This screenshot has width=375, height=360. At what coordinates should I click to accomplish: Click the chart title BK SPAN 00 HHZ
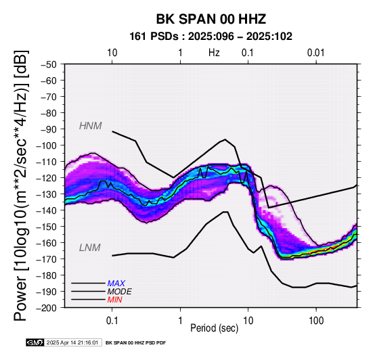click(x=211, y=19)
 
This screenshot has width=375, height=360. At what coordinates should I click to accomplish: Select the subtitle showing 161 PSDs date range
click(x=211, y=37)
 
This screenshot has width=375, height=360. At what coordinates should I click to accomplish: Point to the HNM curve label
click(x=91, y=126)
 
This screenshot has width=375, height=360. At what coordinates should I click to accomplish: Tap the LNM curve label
click(x=89, y=248)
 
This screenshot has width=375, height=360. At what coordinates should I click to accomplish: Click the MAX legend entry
click(x=116, y=284)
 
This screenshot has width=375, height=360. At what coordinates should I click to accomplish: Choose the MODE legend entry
click(x=120, y=292)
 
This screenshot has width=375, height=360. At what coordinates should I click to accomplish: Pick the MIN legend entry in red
click(x=115, y=300)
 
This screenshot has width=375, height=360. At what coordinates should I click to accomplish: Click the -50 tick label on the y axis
click(x=49, y=65)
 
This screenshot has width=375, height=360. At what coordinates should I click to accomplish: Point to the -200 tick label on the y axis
click(x=47, y=308)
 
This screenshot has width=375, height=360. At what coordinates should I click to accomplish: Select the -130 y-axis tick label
click(x=47, y=194)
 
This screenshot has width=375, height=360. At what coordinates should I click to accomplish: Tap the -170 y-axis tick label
click(x=47, y=259)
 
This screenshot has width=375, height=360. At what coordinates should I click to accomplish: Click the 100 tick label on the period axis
click(x=316, y=321)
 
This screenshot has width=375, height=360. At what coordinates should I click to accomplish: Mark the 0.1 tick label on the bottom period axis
click(x=112, y=321)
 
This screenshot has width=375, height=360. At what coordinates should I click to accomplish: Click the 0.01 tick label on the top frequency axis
click(x=316, y=53)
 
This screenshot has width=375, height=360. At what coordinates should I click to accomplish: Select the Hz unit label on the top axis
click(x=214, y=53)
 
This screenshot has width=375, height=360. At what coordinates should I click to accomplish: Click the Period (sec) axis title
click(x=215, y=328)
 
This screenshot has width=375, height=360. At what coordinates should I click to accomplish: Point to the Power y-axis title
click(x=21, y=185)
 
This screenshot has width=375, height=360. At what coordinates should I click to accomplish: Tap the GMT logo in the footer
click(x=35, y=343)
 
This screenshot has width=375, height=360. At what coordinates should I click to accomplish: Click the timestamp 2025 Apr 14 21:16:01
click(x=72, y=343)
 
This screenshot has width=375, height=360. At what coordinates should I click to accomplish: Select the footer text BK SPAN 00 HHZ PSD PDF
click(x=135, y=343)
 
